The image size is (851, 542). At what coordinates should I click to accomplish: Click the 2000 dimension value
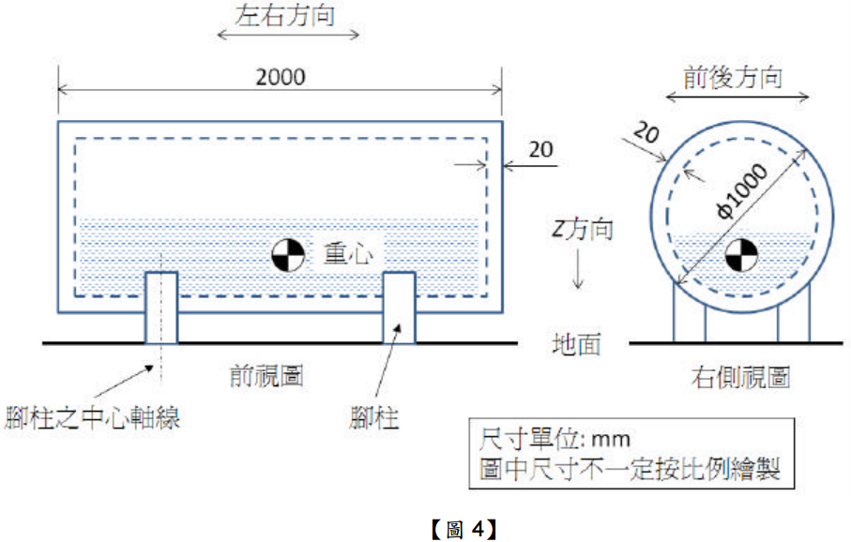[x=281, y=76]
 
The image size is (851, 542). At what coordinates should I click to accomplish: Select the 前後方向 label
[x=737, y=77]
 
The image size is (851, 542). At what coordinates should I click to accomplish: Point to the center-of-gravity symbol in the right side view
[x=740, y=253]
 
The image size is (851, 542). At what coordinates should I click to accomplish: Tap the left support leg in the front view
[x=160, y=307]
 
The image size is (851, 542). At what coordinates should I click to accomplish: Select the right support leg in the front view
[x=400, y=307]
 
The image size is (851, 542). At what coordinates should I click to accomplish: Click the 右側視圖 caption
[x=740, y=377]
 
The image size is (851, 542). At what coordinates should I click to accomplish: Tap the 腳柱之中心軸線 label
[x=91, y=415]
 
